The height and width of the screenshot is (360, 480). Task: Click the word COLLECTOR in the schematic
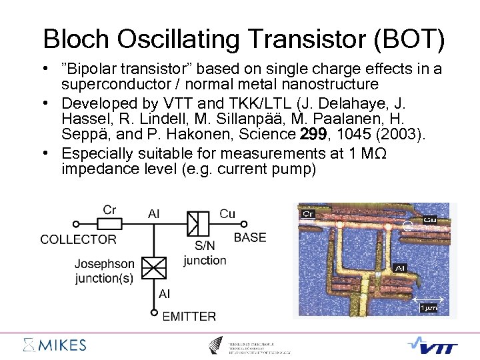pos(78,239)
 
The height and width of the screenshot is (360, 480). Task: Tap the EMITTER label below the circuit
pos(189,316)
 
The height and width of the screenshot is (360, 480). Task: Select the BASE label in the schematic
pos(250,237)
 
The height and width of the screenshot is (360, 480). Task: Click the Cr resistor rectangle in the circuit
pos(110,224)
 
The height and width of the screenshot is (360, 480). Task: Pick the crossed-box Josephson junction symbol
pos(155,268)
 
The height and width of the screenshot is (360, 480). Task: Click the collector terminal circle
pos(77,224)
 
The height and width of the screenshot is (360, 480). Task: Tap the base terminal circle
pos(244,224)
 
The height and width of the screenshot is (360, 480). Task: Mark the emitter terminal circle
pos(155,311)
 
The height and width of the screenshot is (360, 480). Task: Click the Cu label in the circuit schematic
pos(227,213)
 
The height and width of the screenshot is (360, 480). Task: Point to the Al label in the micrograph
pos(400,268)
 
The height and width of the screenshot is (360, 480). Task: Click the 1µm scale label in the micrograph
pos(428,308)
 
